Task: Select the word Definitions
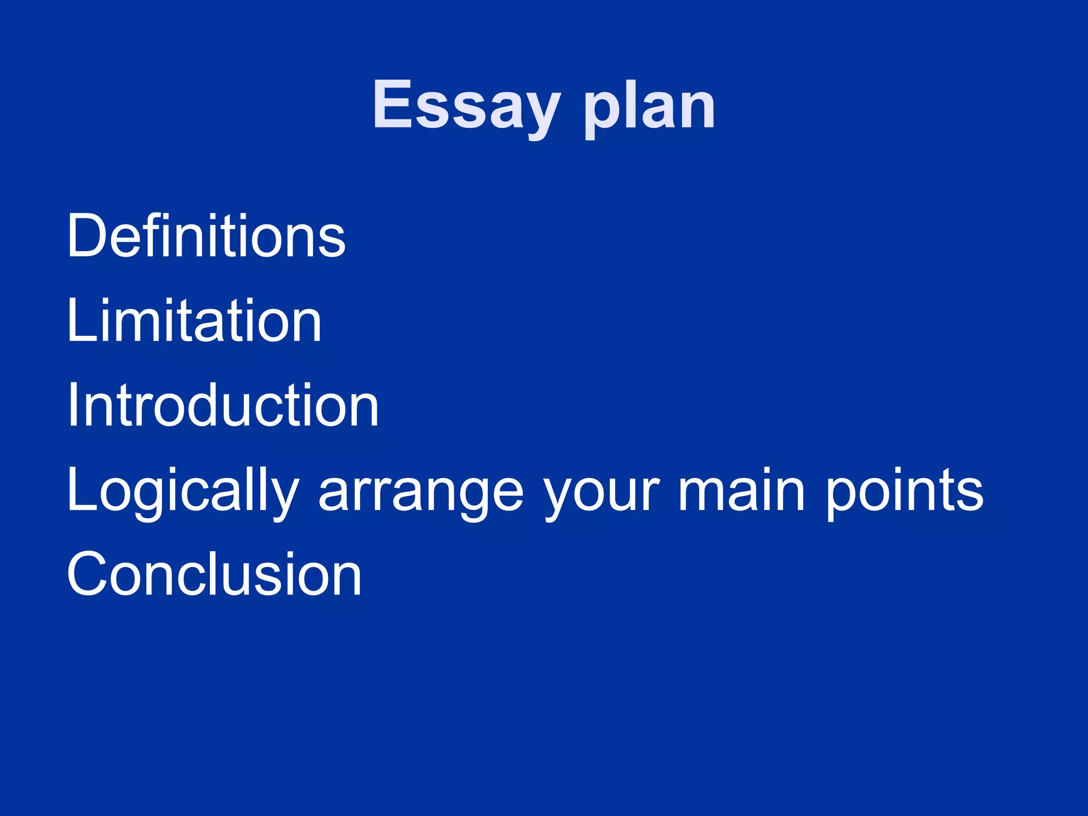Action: [x=206, y=236]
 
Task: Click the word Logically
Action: [x=183, y=491]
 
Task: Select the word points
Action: [x=904, y=491]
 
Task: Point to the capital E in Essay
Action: [x=393, y=104]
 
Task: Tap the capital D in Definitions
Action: [x=89, y=236]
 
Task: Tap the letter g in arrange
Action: [x=460, y=497]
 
